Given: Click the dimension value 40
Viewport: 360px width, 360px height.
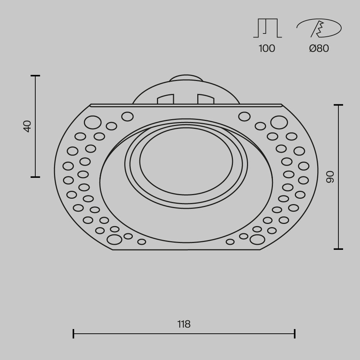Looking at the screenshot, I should [x=27, y=126].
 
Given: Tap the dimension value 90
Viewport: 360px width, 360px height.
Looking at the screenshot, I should [x=330, y=176].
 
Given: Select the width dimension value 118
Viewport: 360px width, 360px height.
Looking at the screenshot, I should [x=184, y=324].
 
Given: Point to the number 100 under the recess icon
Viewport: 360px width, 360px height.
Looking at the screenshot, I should [x=267, y=48].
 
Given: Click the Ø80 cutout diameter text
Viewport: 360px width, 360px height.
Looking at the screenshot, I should [x=319, y=48].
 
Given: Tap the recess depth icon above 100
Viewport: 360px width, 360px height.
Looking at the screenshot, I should [x=267, y=28].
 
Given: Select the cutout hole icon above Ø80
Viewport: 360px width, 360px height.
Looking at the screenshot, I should [x=319, y=28].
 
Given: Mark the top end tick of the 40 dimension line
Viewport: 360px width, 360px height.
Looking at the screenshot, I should [x=35, y=76].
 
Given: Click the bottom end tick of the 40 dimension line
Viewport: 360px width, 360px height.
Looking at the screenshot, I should [x=35, y=177].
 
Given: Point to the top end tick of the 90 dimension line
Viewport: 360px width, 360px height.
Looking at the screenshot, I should [x=338, y=105].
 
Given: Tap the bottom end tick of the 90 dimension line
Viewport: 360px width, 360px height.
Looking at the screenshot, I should [x=338, y=249].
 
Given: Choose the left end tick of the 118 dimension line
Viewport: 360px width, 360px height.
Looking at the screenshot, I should [x=73, y=333].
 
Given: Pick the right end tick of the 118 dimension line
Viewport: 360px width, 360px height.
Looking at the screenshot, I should [x=295, y=333].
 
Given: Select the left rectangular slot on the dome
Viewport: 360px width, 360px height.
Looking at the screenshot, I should [x=166, y=99].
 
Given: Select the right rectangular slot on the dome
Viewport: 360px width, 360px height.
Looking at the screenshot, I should [x=206, y=99].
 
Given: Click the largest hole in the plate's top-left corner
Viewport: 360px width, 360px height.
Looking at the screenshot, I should [x=92, y=122].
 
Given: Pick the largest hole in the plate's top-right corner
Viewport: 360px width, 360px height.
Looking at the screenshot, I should [x=279, y=122].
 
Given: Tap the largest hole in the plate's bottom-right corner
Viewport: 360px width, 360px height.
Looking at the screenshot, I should [x=257, y=239].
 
